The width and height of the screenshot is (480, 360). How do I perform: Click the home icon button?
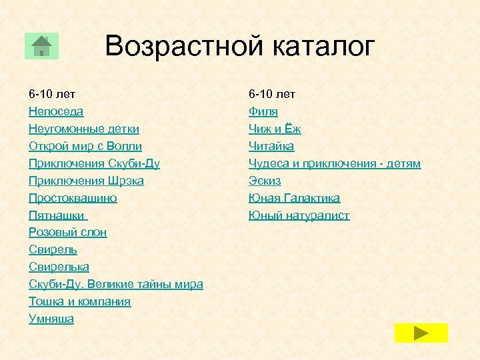click(41, 46)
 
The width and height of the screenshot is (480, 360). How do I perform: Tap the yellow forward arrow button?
click(421, 333)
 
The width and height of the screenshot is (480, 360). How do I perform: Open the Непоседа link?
click(56, 111)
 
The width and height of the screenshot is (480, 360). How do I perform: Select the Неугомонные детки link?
click(84, 129)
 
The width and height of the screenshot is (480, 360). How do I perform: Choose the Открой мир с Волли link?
click(85, 146)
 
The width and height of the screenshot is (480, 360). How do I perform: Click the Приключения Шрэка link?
click(86, 181)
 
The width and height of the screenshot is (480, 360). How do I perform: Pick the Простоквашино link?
click(73, 198)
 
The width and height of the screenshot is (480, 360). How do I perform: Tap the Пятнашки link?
click(57, 215)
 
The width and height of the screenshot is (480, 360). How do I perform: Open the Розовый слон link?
click(67, 233)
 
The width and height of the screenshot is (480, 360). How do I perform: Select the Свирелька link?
click(59, 267)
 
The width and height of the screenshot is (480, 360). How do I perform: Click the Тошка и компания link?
click(79, 302)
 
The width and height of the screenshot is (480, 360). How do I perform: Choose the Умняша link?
click(51, 319)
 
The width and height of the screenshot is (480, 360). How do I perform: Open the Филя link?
click(263, 111)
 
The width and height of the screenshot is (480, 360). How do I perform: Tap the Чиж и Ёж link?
click(275, 129)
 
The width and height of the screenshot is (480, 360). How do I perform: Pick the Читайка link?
click(271, 146)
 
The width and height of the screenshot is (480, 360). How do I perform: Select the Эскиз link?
click(265, 181)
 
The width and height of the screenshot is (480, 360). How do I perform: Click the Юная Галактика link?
click(294, 198)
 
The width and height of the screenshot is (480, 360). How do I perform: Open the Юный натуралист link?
click(299, 215)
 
